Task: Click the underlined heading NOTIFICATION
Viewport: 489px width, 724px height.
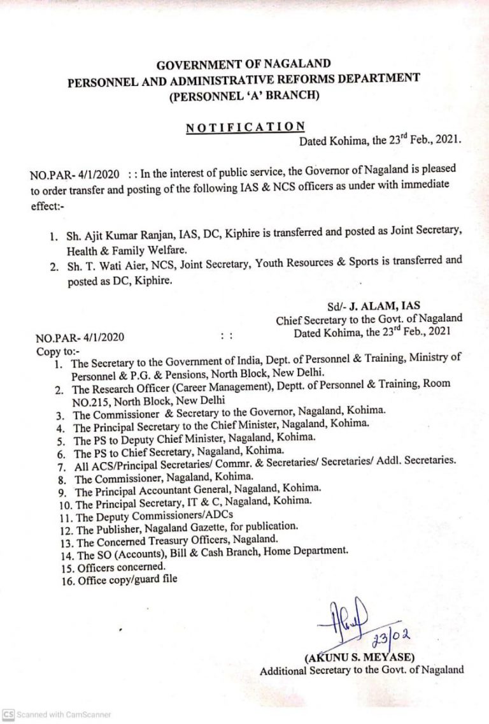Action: pyautogui.click(x=245, y=128)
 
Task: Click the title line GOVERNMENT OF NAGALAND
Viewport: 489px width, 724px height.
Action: pyautogui.click(x=244, y=64)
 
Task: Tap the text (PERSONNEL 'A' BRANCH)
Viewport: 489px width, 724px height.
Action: pyautogui.click(x=244, y=96)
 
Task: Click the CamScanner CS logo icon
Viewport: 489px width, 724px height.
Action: pyautogui.click(x=8, y=714)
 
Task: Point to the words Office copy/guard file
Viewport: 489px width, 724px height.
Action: pyautogui.click(x=128, y=580)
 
